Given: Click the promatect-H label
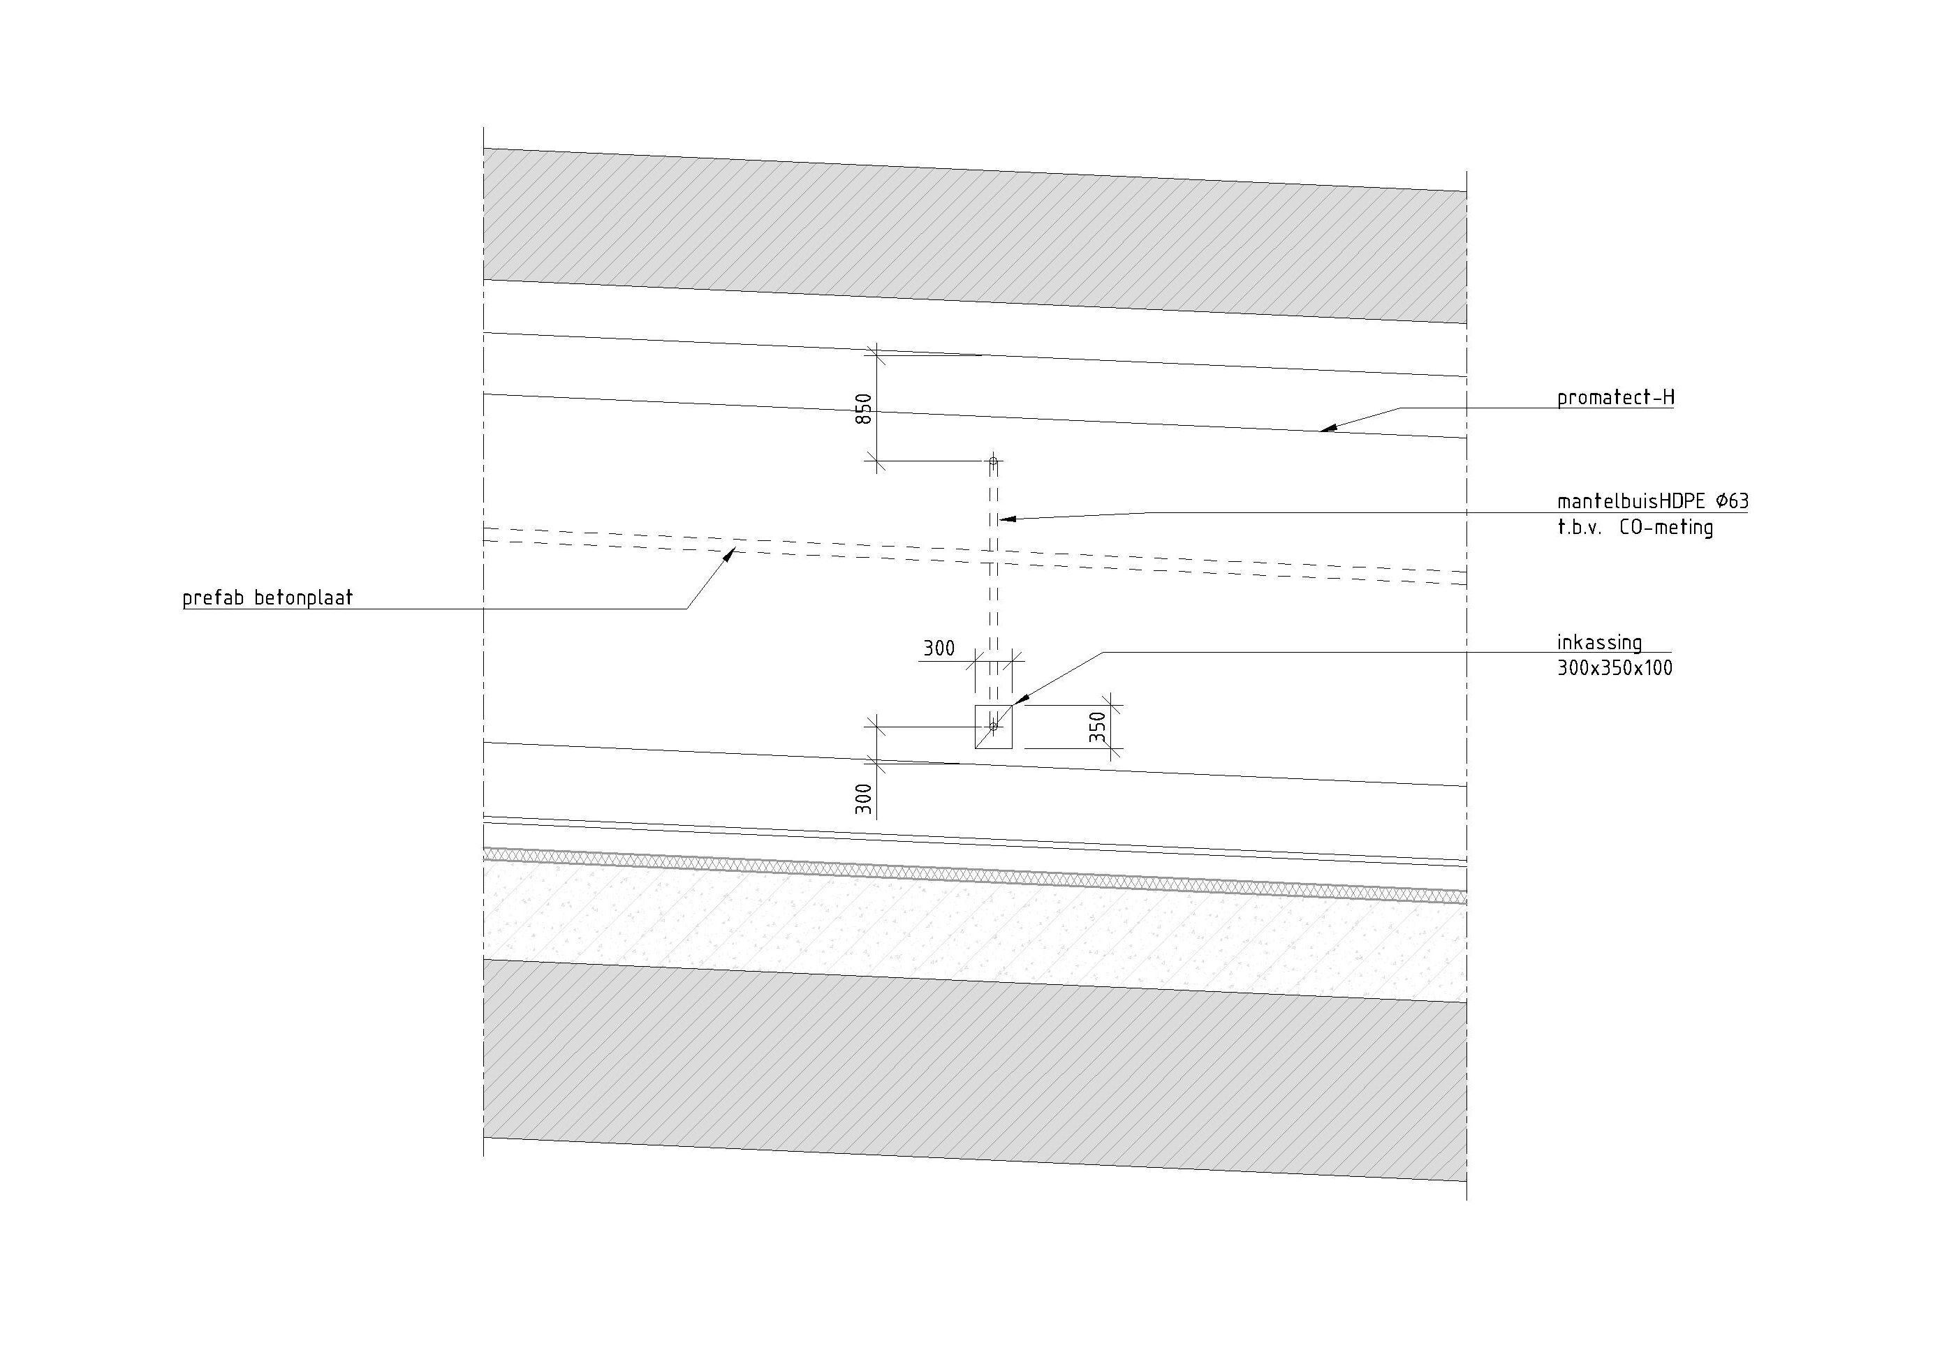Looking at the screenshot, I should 1615,398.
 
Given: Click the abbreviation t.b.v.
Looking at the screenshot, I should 1580,528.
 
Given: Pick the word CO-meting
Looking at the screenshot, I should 1665,528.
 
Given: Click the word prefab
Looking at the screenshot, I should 212,598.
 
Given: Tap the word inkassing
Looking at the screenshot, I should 1599,643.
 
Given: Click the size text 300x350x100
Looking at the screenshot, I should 1615,668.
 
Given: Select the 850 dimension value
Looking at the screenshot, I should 864,410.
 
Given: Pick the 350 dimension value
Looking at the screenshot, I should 1097,727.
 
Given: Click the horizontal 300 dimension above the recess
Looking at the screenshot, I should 939,648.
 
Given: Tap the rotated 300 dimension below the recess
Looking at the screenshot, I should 864,799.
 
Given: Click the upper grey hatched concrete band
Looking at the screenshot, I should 973,237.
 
